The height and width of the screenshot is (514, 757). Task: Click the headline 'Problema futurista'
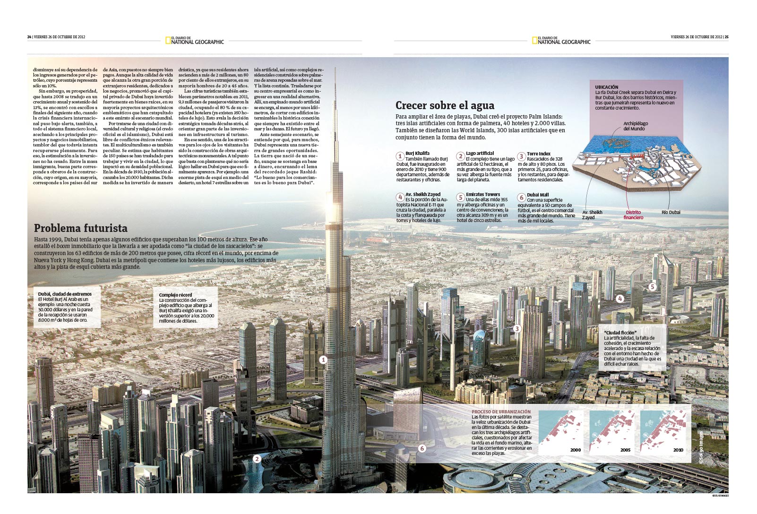pos(81,228)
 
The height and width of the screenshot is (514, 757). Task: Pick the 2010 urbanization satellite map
pos(662,432)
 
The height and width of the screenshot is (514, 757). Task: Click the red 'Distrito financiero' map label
pos(633,215)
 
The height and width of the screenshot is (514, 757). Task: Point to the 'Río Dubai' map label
pos(671,213)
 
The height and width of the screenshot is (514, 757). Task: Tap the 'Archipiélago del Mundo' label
pos(636,126)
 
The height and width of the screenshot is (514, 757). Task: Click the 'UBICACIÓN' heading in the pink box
pos(607,87)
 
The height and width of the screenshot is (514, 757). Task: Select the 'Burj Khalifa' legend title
pos(417,153)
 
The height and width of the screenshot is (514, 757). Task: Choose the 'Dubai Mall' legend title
pos(538,195)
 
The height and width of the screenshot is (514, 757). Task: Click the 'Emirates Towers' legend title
pos(483,194)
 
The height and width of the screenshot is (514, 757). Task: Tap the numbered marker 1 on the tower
pos(323,360)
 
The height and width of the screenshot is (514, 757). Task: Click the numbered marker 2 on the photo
pos(257,458)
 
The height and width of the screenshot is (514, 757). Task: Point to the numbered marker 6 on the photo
pos(422,448)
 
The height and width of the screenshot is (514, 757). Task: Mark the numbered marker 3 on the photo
pos(517,329)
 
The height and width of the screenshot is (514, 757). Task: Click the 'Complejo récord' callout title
pos(175,295)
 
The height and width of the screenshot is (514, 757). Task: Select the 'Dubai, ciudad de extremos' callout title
pos(65,294)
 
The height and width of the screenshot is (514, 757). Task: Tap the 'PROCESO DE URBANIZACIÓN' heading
pos(501,412)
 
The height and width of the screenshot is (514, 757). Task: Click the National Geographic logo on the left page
pos(195,41)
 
